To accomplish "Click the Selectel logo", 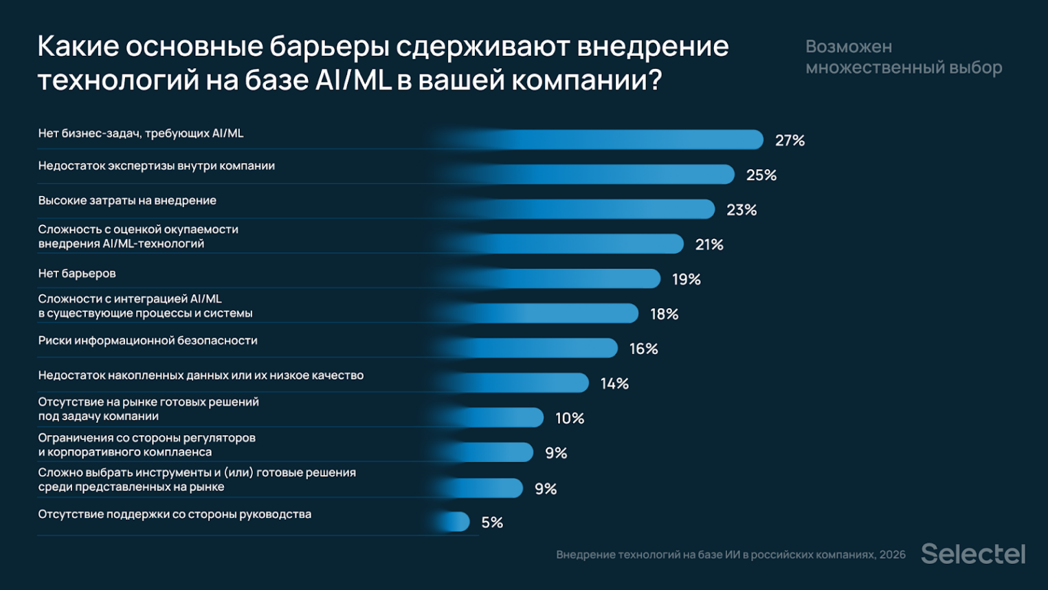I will click(x=972, y=554).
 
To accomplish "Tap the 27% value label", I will click(x=790, y=140).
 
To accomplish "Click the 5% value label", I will click(x=492, y=523).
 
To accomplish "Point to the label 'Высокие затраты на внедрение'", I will click(x=127, y=201).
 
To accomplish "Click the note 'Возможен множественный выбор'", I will click(x=903, y=57).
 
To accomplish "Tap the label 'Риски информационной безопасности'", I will click(x=148, y=340).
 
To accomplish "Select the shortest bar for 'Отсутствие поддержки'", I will click(x=454, y=522).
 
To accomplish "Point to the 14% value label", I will click(x=614, y=384).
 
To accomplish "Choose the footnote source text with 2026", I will click(x=731, y=555).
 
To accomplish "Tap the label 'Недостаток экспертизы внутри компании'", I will click(x=157, y=166).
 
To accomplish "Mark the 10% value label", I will click(x=570, y=418).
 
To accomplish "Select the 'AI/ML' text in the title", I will click(x=353, y=80).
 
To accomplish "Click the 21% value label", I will click(x=709, y=245).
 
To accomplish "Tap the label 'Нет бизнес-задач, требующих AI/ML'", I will click(x=141, y=133).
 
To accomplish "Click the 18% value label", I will click(x=664, y=314).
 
